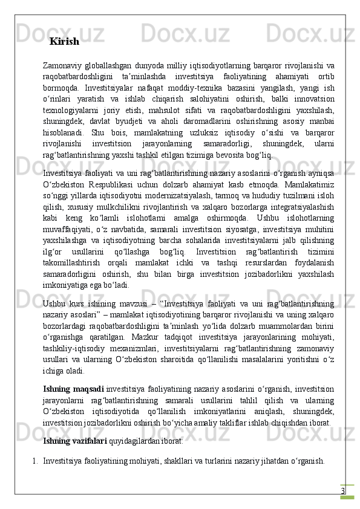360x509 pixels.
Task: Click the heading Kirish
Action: [x=64, y=42]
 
